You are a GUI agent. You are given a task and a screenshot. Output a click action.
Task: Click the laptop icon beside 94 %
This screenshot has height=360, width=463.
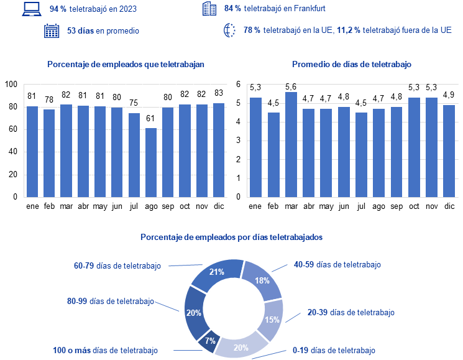click(32, 9)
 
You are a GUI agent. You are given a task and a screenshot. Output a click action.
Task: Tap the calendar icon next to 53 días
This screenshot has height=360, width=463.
click(52, 30)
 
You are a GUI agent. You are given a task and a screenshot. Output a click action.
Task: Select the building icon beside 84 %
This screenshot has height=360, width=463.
click(209, 9)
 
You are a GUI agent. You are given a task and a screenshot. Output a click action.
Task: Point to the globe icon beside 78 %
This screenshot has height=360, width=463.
click(229, 30)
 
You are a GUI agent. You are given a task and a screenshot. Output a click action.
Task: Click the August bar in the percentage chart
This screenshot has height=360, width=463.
click(151, 162)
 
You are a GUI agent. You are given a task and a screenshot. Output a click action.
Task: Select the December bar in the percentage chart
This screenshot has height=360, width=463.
click(219, 150)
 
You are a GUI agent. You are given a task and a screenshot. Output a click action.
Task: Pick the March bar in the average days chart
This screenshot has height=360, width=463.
click(291, 144)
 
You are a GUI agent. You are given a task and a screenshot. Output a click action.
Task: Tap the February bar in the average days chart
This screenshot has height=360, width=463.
click(273, 155)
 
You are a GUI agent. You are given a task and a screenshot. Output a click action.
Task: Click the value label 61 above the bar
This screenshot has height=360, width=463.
click(150, 118)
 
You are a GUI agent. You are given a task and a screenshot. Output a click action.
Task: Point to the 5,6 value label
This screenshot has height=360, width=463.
click(291, 86)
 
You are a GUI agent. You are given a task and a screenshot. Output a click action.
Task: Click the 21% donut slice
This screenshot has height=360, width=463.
click(217, 275)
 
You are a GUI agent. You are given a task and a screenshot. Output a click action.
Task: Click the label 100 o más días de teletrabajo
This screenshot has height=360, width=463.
click(106, 351)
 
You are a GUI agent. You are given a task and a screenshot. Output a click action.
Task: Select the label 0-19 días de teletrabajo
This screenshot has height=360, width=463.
click(334, 351)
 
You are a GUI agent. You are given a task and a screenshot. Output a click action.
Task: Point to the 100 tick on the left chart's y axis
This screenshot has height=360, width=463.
click(11, 85)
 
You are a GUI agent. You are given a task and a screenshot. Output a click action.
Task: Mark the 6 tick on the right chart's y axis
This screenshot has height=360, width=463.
click(238, 85)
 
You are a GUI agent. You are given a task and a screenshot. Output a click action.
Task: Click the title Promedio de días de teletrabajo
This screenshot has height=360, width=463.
click(352, 65)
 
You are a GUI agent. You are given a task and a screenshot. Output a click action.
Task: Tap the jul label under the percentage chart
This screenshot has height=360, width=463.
click(134, 206)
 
